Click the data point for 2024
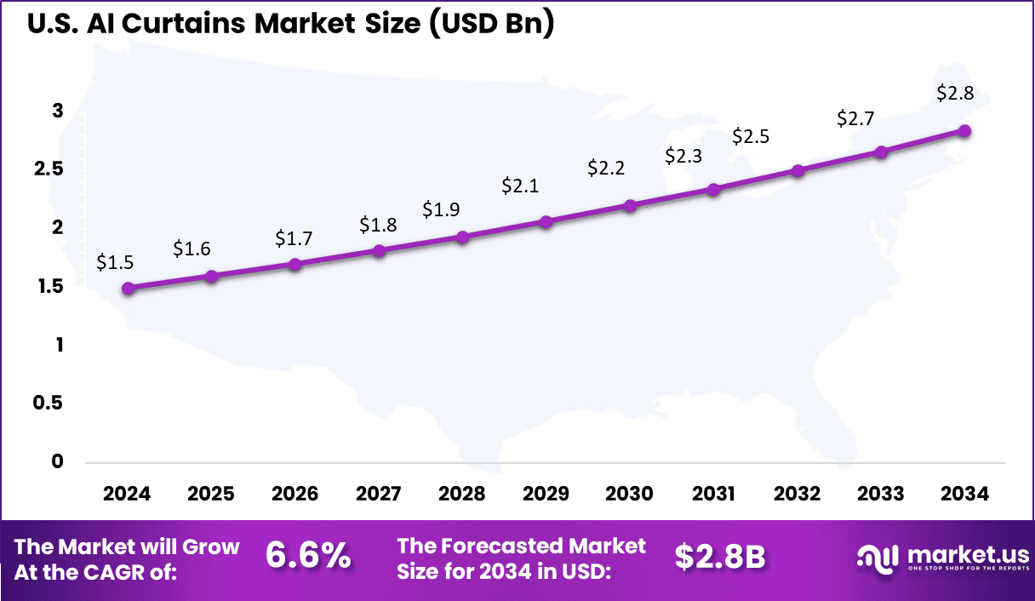click(x=128, y=289)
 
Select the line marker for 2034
click(x=964, y=131)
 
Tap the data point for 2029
click(x=546, y=221)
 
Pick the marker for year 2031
click(x=713, y=190)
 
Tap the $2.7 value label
click(x=855, y=117)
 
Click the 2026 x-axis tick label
click(x=294, y=494)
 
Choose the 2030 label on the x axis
click(x=629, y=494)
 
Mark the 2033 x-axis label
click(x=881, y=494)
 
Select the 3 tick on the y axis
click(x=58, y=111)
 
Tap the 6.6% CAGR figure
click(x=308, y=556)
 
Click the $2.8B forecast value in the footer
click(x=720, y=556)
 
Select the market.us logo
click(x=941, y=557)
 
